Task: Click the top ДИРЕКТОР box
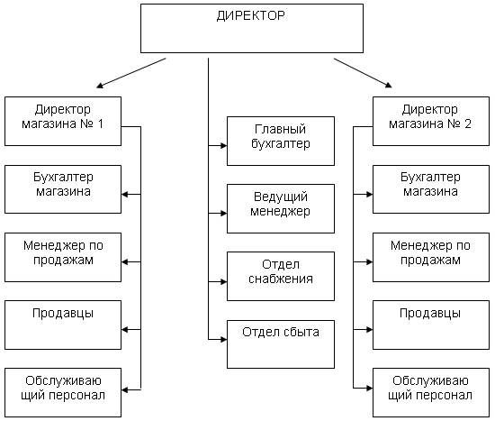point(252,28)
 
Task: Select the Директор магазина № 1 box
point(63,121)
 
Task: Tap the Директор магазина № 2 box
point(431,121)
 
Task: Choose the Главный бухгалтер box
point(281,141)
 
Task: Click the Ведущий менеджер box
point(281,209)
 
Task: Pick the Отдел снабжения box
point(281,276)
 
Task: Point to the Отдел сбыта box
point(281,344)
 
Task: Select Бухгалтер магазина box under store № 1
point(63,189)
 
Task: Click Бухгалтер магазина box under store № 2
point(431,189)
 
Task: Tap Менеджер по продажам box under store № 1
point(63,257)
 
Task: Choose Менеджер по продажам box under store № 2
point(431,257)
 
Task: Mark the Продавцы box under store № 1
point(63,325)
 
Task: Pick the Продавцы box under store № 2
point(431,325)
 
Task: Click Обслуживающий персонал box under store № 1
point(63,392)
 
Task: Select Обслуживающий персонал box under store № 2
point(431,392)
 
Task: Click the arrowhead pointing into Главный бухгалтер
point(224,145)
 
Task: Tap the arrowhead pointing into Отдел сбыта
point(224,340)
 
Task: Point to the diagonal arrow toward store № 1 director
point(131,73)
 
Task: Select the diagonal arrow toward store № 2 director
point(363,73)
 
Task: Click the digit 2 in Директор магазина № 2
point(467,124)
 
